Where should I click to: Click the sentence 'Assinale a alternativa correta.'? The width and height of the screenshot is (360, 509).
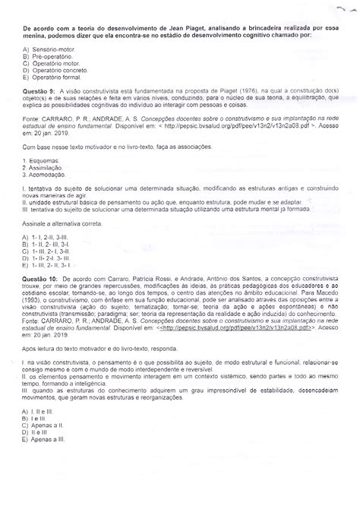[64, 237]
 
